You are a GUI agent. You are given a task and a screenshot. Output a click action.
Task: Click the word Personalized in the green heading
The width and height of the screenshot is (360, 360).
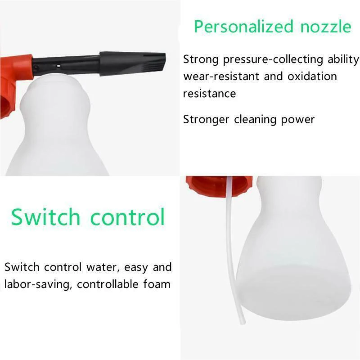click(x=241, y=27)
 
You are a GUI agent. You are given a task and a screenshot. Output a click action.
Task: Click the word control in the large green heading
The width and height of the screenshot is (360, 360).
click(x=128, y=217)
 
